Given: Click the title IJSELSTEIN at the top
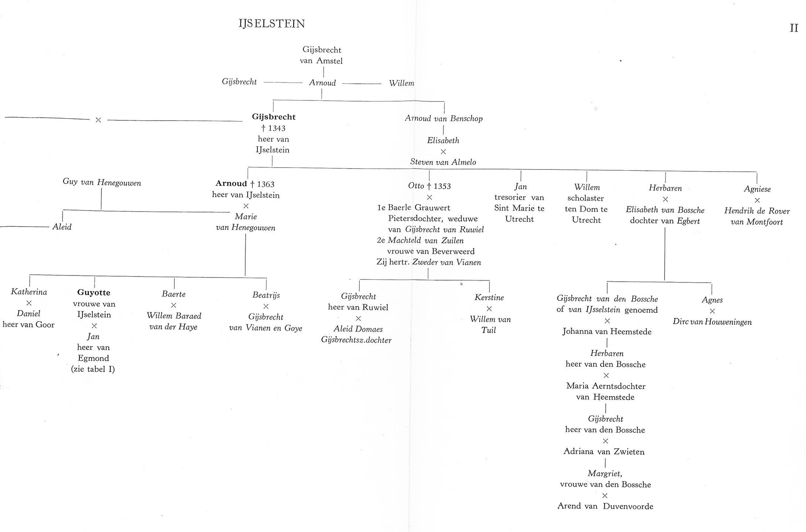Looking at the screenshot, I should tap(272, 24).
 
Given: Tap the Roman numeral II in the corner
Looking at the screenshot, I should tap(794, 28).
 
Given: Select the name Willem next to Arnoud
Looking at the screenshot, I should tap(402, 83).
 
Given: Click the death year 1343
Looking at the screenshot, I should tap(277, 128).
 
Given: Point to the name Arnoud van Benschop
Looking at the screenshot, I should tap(444, 119).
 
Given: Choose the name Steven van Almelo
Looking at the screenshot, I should tap(443, 162).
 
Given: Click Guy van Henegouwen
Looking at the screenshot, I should tap(102, 182).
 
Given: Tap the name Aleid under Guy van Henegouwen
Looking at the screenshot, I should tap(62, 227).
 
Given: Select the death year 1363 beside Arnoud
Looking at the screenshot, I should tap(266, 184).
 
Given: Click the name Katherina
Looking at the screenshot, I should tap(29, 292).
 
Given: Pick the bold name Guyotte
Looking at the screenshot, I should tap(93, 293).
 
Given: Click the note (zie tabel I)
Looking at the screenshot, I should tap(93, 369).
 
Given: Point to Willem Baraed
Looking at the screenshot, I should tap(174, 316).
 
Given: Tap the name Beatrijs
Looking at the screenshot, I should tap(266, 295).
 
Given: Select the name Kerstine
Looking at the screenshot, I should tap(489, 298).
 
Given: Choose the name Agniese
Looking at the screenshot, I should tap(757, 189).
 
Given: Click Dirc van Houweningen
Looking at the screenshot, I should tap(712, 322).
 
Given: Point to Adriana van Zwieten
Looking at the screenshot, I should tap(604, 452).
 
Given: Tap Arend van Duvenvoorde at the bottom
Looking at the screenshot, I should tap(605, 506).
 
